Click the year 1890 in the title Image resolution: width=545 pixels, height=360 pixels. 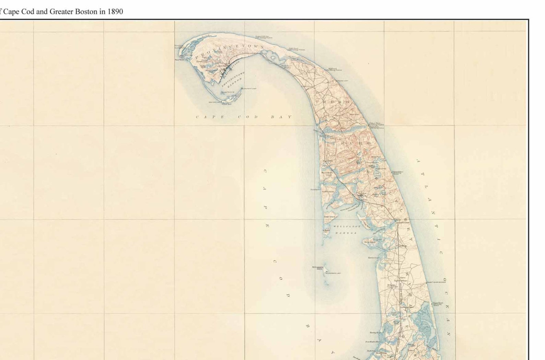(115, 11)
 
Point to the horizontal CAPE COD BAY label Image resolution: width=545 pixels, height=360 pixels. (243, 117)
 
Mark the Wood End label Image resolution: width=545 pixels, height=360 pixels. (227, 104)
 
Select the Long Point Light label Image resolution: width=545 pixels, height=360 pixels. (249, 89)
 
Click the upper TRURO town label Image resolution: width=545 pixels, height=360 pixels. (332, 102)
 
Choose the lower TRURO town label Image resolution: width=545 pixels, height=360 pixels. (354, 143)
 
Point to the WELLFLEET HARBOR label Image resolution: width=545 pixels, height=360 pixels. (347, 230)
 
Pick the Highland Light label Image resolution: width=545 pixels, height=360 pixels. (340, 81)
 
